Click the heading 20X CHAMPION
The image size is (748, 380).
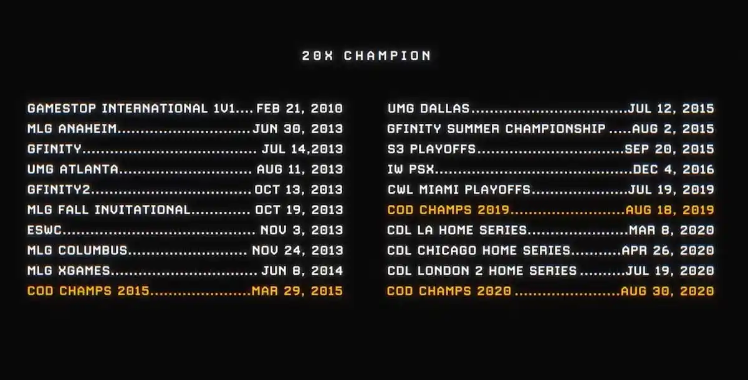[367, 55]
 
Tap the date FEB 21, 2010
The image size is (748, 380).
[299, 108]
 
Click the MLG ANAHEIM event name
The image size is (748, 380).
[72, 129]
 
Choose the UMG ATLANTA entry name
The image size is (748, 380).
[73, 169]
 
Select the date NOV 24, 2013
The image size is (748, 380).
[297, 250]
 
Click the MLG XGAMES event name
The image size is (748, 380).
[69, 270]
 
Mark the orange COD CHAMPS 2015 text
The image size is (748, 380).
[89, 291]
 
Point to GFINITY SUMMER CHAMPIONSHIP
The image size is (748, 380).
[496, 129]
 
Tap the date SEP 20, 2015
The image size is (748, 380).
[669, 149]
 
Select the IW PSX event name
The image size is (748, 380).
[411, 169]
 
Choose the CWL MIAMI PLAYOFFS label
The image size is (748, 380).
[459, 189]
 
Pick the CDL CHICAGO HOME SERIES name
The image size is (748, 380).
[479, 250]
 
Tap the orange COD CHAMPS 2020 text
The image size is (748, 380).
[449, 291]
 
